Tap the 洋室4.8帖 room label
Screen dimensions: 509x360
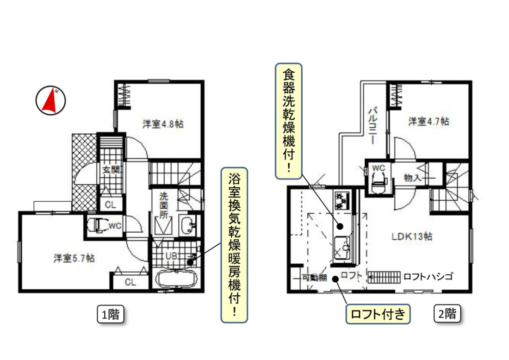163,124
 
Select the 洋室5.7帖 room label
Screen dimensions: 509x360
74,258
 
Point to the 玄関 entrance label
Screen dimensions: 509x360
111,170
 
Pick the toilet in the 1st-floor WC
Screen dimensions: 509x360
98,225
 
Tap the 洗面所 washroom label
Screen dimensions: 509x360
164,205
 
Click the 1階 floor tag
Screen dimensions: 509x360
111,314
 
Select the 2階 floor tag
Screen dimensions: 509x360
447,314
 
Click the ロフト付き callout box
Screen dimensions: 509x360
378,314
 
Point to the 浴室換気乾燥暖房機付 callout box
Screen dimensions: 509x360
235,245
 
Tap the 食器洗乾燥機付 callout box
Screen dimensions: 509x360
289,121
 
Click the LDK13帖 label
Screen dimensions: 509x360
412,236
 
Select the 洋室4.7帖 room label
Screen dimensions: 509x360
429,122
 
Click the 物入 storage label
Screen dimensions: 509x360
413,178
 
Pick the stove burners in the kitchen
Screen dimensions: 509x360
342,201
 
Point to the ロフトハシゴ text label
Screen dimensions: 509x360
428,277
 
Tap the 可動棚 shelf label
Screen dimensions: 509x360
314,278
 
